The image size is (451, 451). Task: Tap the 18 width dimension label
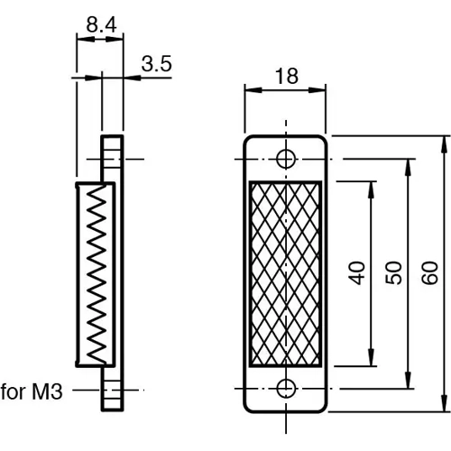click(x=286, y=77)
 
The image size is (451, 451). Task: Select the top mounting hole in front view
click(x=286, y=160)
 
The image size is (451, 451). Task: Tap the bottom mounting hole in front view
click(x=286, y=389)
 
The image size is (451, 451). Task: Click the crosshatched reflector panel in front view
click(x=286, y=274)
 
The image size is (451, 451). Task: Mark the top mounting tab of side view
click(x=111, y=158)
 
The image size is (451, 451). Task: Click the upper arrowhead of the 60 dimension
click(x=444, y=143)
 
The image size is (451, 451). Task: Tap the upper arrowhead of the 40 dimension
click(x=371, y=187)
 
